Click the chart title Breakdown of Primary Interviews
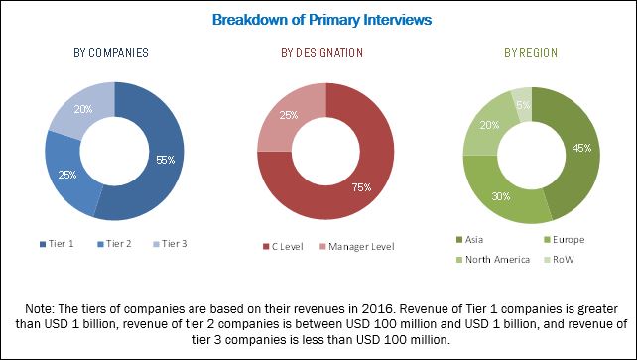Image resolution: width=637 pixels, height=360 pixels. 318,19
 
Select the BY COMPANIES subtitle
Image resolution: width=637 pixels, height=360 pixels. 114,52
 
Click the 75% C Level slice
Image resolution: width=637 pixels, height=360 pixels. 347,179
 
